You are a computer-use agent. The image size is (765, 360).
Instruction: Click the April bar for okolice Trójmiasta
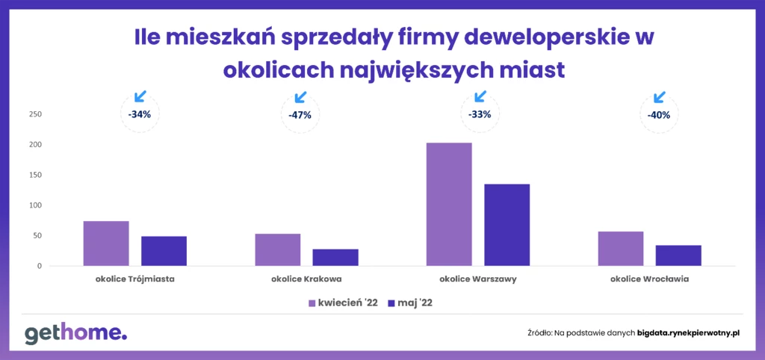(106, 243)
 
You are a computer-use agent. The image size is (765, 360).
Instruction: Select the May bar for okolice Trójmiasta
(164, 251)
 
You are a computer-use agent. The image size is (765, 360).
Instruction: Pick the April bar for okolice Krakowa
(278, 249)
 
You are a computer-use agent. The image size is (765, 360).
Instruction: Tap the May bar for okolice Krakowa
(335, 258)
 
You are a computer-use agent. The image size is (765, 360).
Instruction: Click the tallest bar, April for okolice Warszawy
(449, 205)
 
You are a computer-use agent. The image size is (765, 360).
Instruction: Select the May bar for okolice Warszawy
(507, 225)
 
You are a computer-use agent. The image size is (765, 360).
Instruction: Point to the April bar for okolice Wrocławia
(621, 249)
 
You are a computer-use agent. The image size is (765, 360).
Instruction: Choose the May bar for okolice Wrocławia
(678, 255)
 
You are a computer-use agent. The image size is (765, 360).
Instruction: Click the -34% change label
(140, 115)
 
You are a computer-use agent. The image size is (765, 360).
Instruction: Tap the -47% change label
(300, 115)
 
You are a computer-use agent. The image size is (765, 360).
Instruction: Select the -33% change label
(479, 115)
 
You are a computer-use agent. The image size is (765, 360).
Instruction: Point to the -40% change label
(659, 116)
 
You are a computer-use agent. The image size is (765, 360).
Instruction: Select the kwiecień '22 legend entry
(343, 303)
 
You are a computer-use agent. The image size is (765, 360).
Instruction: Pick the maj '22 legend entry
(410, 303)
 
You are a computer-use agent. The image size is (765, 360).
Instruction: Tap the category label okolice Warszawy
(477, 280)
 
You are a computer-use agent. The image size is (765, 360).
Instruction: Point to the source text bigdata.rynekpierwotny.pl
(689, 333)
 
